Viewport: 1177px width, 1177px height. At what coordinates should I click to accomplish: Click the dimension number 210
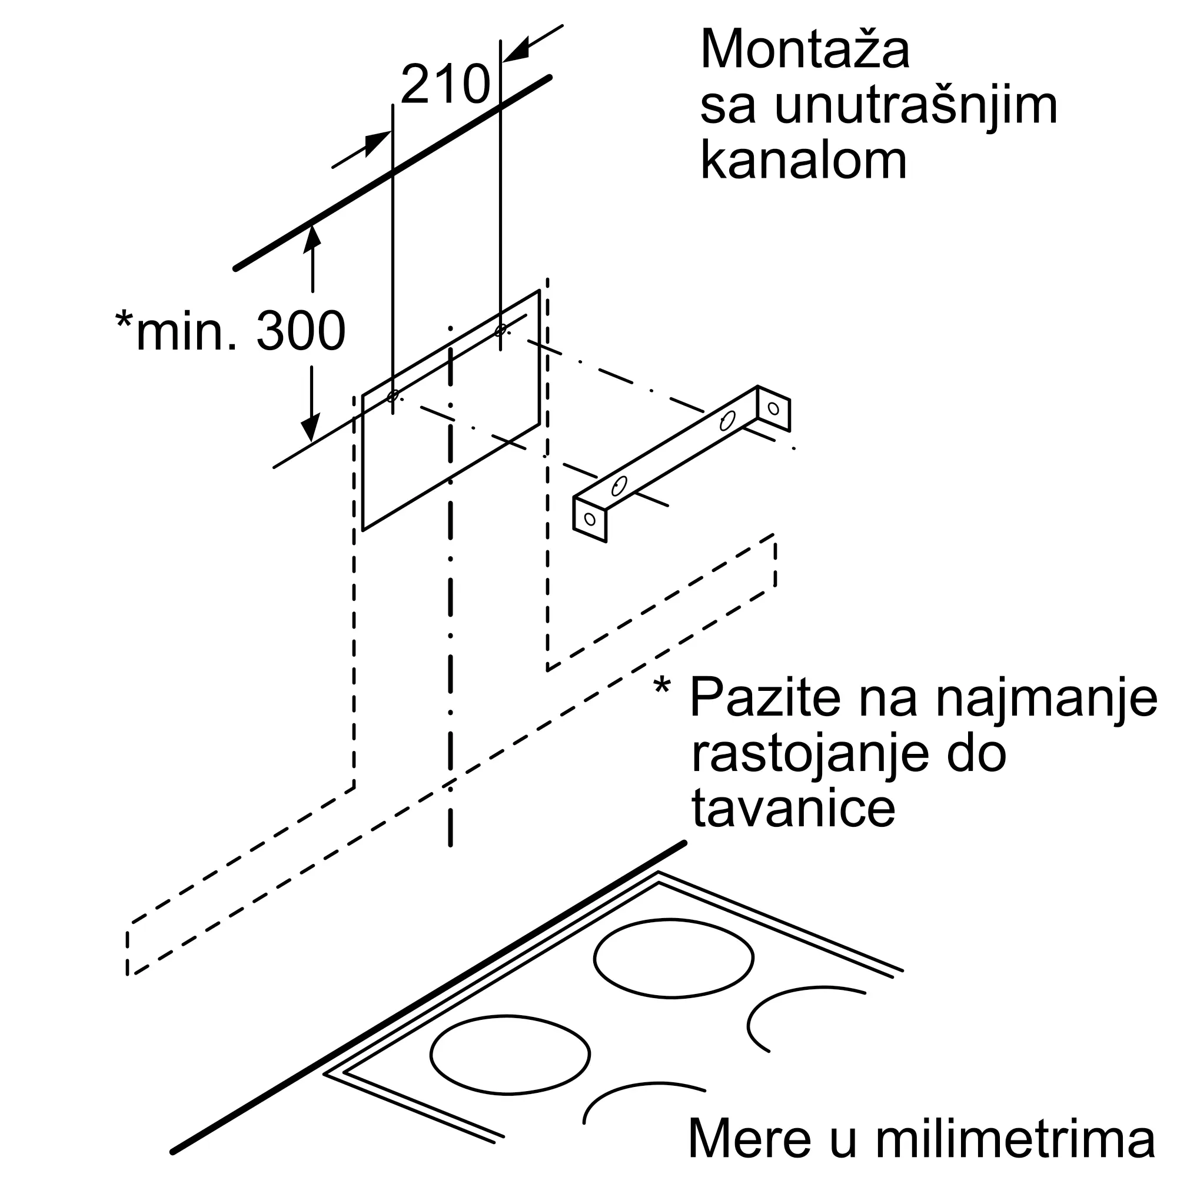(x=445, y=85)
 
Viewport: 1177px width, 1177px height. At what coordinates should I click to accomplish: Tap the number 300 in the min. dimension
(x=301, y=331)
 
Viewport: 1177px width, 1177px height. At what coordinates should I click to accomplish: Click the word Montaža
(x=806, y=49)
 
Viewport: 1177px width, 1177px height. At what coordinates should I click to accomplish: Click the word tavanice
(x=793, y=809)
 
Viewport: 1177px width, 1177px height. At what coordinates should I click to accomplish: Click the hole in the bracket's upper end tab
(x=774, y=408)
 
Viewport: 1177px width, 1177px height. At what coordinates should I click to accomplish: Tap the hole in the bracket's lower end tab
(x=589, y=518)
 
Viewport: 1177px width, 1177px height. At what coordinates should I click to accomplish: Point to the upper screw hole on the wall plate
(x=501, y=330)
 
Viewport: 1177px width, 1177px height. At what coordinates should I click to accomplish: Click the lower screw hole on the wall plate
(x=393, y=396)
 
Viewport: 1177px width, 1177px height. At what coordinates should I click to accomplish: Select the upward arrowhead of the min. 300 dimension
(x=312, y=236)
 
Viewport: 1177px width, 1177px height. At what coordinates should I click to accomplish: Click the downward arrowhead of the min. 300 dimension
(x=312, y=428)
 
